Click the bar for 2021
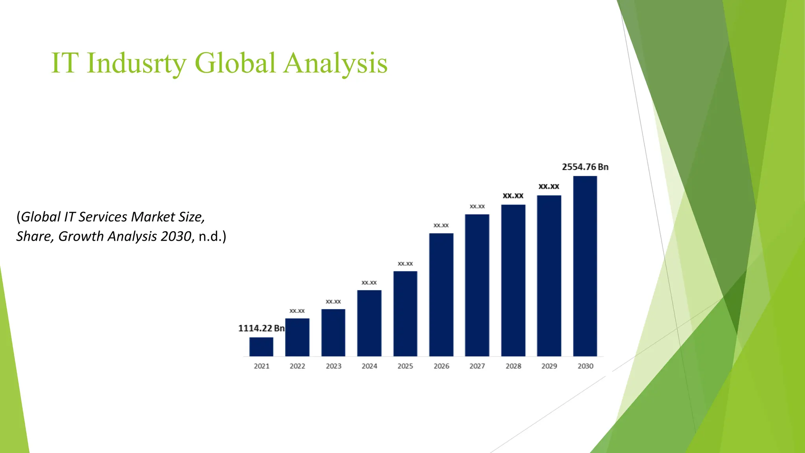click(261, 346)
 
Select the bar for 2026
click(441, 295)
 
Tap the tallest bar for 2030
click(585, 266)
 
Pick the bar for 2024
click(369, 323)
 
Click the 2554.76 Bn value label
click(585, 167)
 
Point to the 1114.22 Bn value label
click(261, 328)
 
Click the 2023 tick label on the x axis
click(333, 366)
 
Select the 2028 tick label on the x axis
click(513, 366)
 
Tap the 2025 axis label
click(405, 366)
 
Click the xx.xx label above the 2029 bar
click(549, 186)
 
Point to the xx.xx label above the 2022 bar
click(297, 311)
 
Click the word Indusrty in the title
click(136, 63)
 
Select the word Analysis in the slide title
click(335, 63)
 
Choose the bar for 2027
click(477, 285)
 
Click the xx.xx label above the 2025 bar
click(405, 263)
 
